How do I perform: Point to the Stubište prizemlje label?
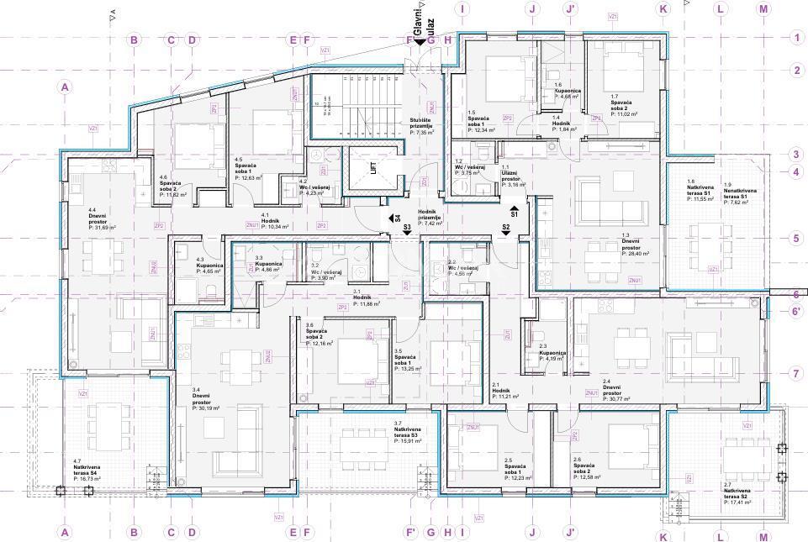pos(422,127)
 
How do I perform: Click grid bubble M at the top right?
pos(763,9)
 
